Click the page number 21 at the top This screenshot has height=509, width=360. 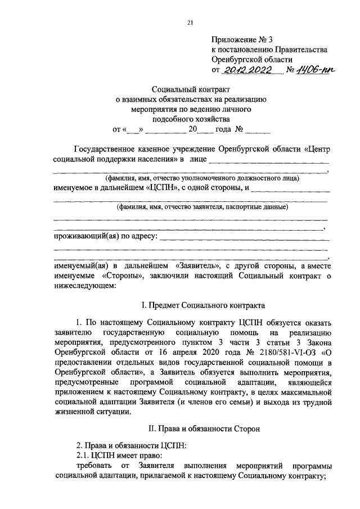point(190,22)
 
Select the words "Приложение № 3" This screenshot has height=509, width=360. point(241,39)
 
